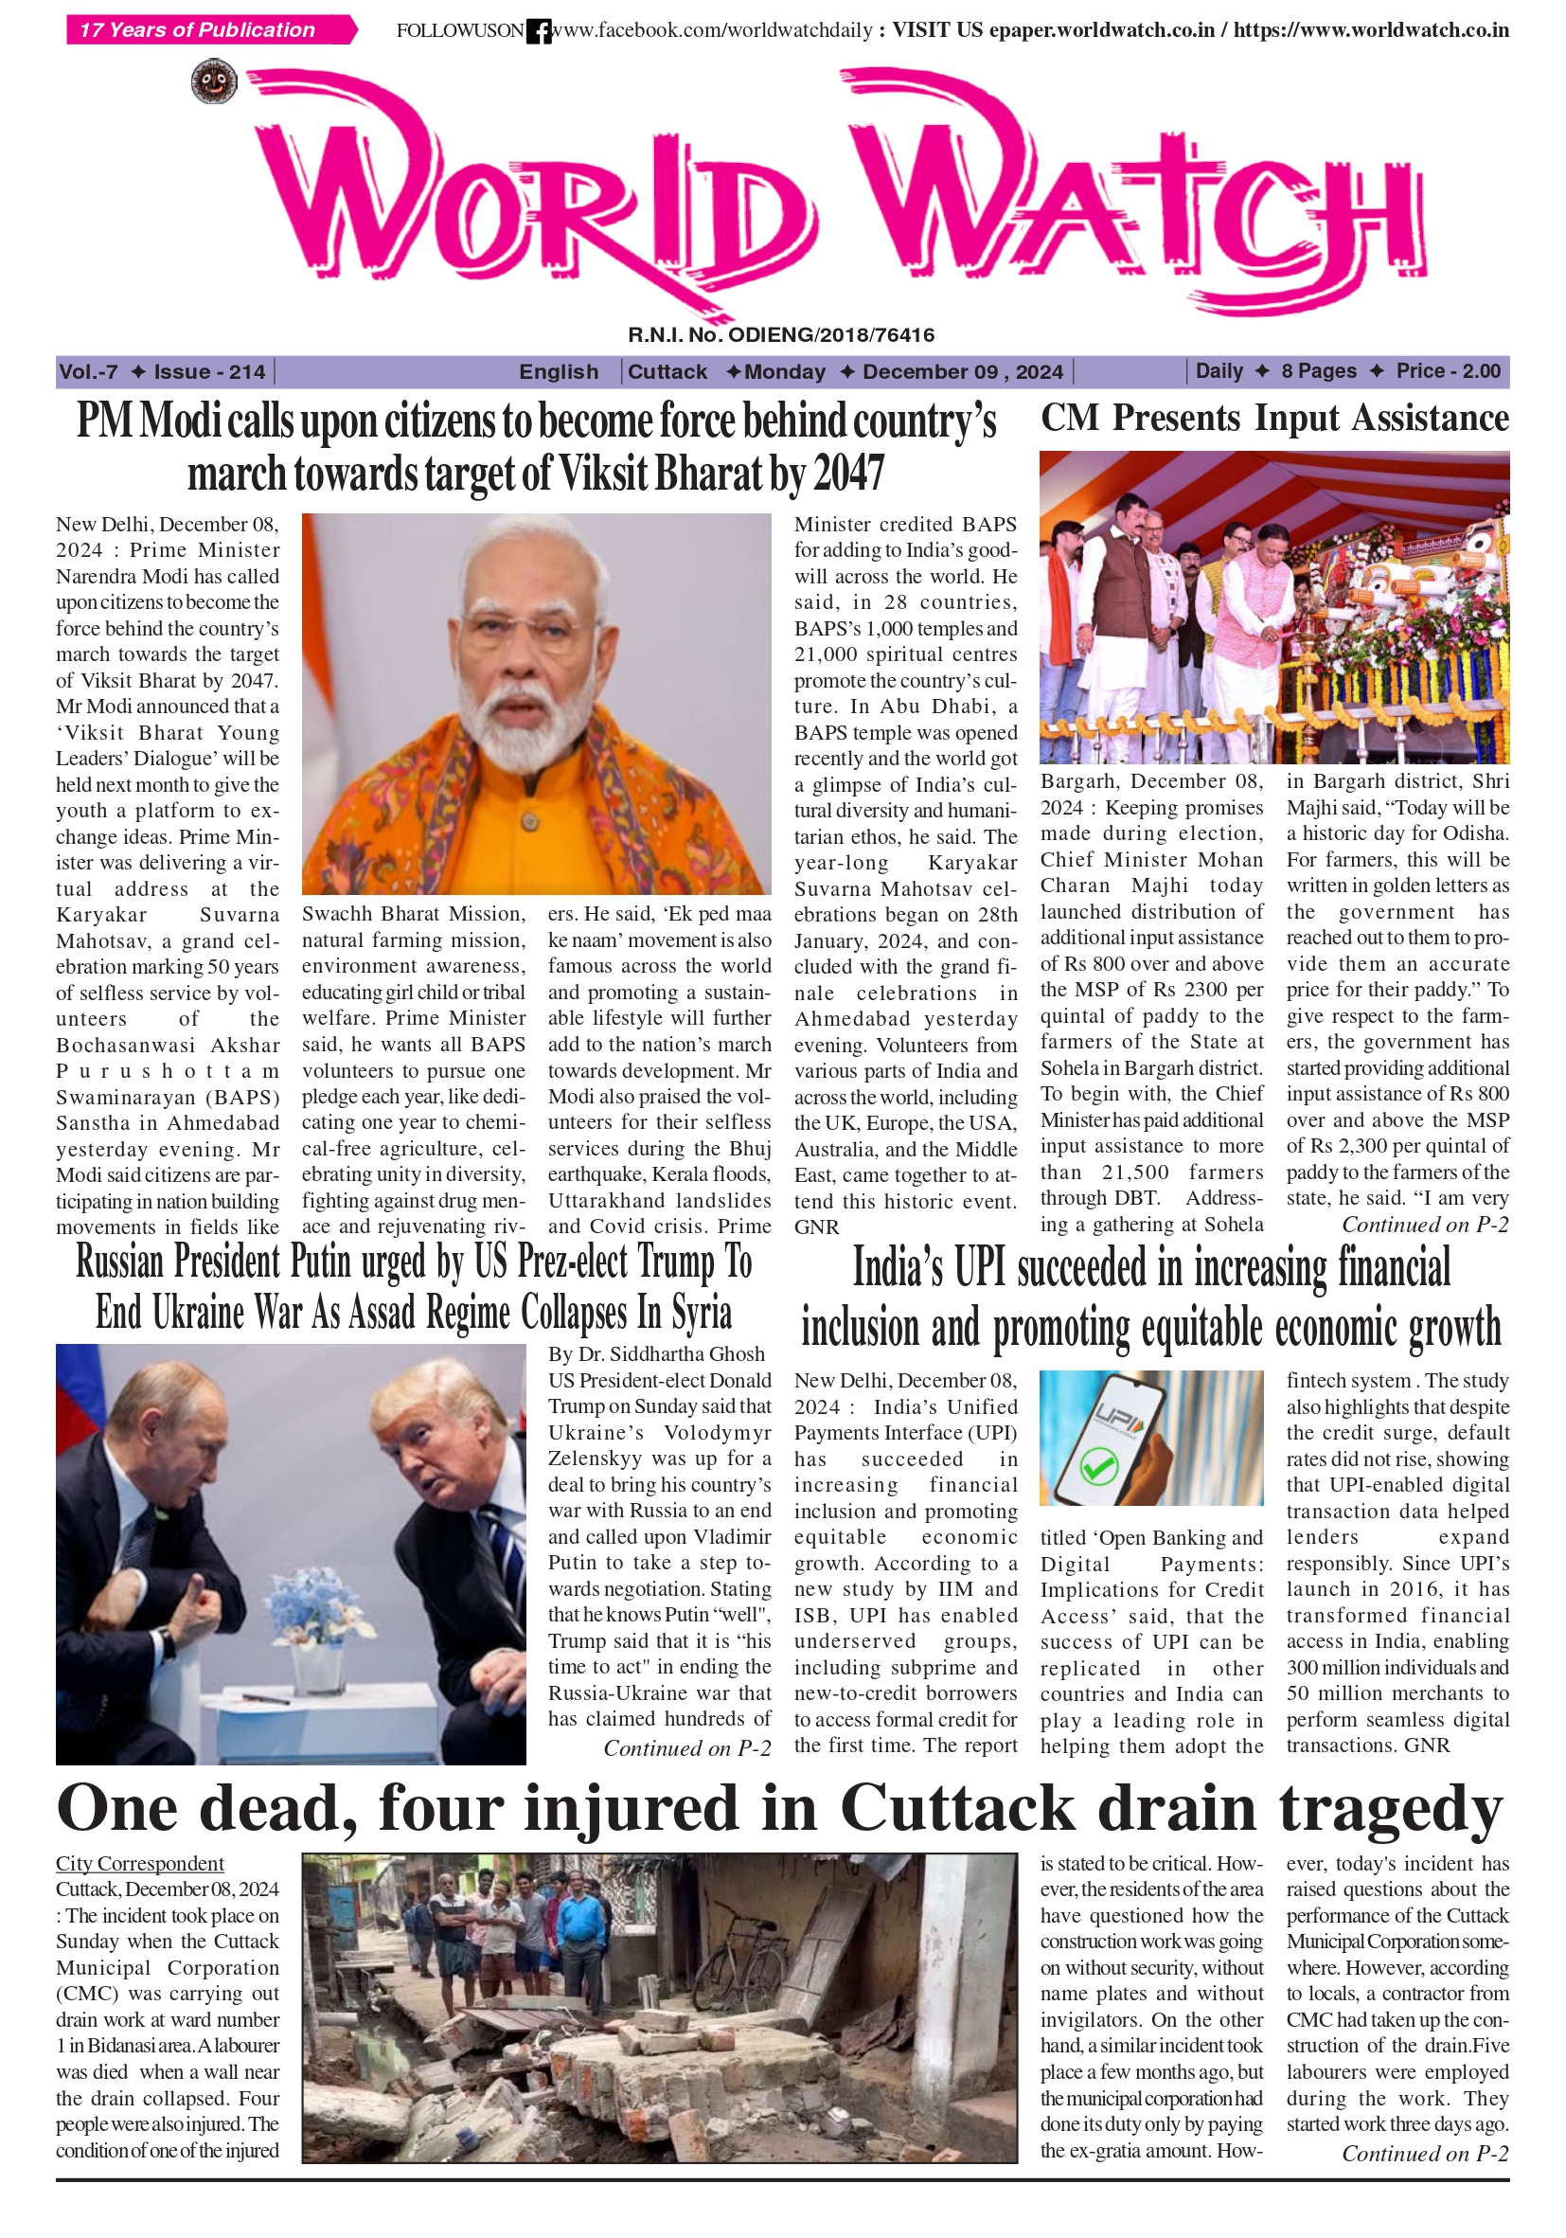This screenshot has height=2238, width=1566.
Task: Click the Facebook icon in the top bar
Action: coord(538,31)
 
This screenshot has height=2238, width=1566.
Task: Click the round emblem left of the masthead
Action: coord(214,81)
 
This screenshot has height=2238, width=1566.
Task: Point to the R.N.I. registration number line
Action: coord(780,335)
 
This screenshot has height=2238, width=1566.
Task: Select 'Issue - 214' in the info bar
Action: coord(209,371)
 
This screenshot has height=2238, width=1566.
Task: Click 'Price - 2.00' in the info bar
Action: coord(1448,370)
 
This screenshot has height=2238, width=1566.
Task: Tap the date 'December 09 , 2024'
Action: coord(962,371)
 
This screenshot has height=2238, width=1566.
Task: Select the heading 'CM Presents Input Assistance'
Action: coord(1273,419)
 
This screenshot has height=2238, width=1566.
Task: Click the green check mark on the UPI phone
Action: coord(1098,1467)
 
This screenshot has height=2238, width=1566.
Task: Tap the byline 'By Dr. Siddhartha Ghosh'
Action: coord(656,1354)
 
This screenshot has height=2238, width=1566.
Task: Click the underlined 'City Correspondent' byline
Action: coord(139,1863)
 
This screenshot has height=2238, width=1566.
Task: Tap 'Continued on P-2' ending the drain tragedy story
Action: coord(1425,2153)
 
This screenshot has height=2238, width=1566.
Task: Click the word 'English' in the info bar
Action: coord(559,371)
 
